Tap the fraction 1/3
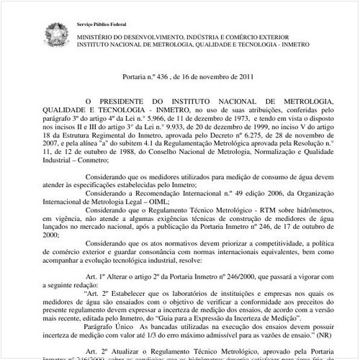163,338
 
